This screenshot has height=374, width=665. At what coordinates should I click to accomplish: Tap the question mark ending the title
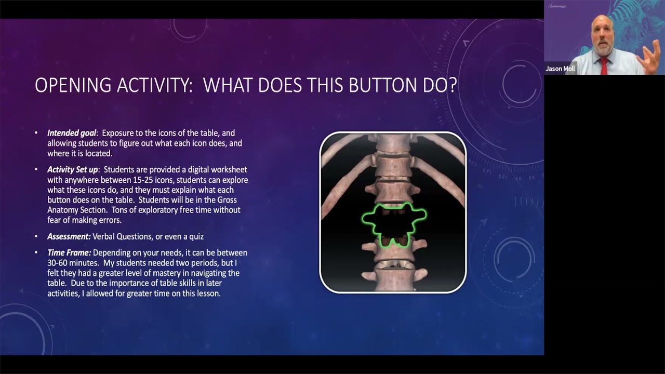[452, 85]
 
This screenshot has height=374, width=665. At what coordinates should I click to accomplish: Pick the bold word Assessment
[69, 236]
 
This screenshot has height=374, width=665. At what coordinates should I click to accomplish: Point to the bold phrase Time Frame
[69, 252]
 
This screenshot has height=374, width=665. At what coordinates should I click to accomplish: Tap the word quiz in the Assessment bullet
[195, 236]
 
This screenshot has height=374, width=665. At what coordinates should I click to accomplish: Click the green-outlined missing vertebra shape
[393, 224]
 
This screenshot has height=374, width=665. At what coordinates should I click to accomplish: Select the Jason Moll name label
[560, 69]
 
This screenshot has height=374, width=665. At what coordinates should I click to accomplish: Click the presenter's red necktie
[604, 66]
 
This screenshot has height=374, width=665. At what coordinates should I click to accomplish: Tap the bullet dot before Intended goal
[36, 133]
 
